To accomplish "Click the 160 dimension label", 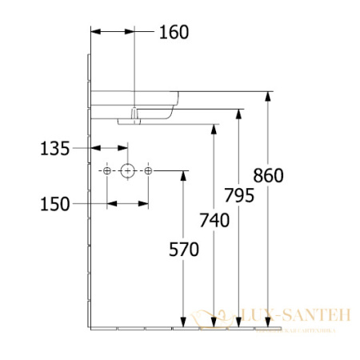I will tap(174, 33).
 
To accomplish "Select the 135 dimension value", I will tap(55, 147).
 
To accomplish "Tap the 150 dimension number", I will tap(55, 203).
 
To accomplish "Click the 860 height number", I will tap(268, 175).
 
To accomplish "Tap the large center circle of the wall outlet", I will tap(127, 170).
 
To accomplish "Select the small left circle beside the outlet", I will tap(106, 170).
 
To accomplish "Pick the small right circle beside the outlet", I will tap(148, 170).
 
